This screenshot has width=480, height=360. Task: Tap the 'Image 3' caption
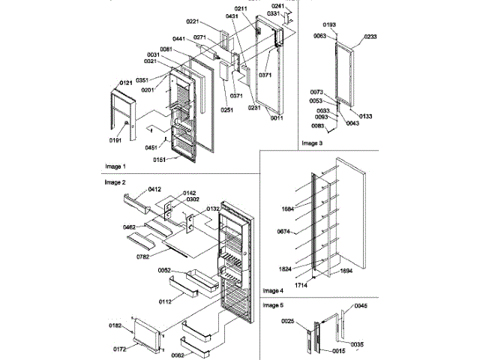312,142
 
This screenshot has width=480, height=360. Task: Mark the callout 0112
166,301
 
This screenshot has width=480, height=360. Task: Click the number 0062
178,354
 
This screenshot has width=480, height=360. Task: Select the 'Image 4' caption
273,290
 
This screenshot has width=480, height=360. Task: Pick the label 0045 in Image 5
361,306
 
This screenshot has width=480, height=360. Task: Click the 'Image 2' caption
115,182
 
